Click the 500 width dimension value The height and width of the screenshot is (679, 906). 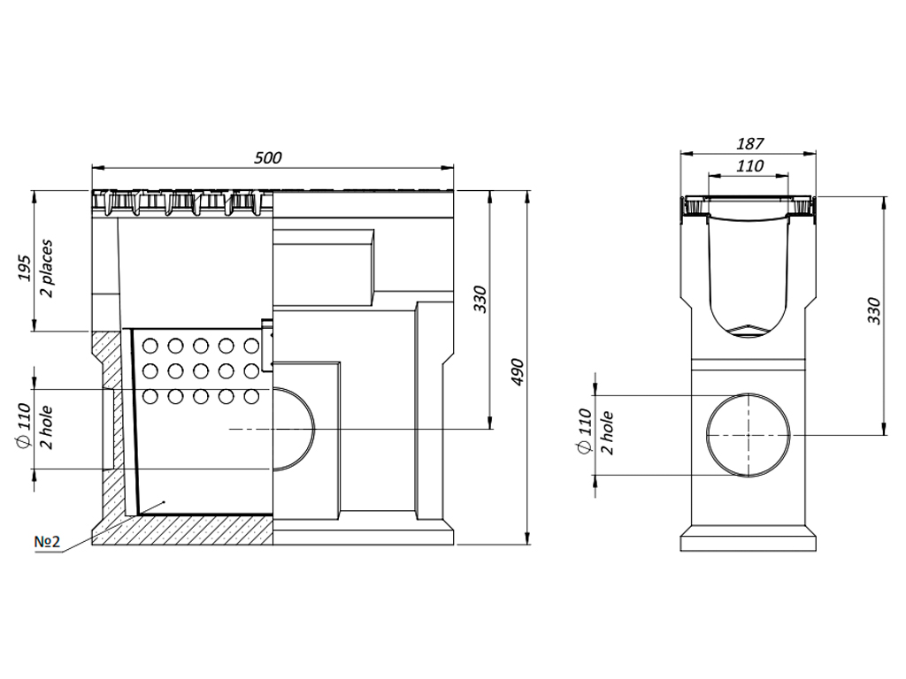pos(267,157)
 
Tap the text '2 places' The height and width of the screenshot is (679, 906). pos(47,268)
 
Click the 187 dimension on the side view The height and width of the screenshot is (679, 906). pos(750,143)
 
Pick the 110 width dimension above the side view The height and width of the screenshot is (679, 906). pos(750,165)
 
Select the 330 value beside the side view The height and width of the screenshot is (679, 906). pos(874,310)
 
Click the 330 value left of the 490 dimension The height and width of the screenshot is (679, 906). pos(479,301)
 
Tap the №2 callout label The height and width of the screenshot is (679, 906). pos(47,541)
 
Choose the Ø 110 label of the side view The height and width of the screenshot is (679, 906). pos(584,431)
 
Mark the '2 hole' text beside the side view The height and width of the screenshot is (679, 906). pos(607,431)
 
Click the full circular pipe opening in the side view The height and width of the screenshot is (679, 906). pos(749,435)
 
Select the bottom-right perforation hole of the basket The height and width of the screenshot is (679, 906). pos(252,395)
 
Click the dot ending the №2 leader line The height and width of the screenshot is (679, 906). pos(163,502)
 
